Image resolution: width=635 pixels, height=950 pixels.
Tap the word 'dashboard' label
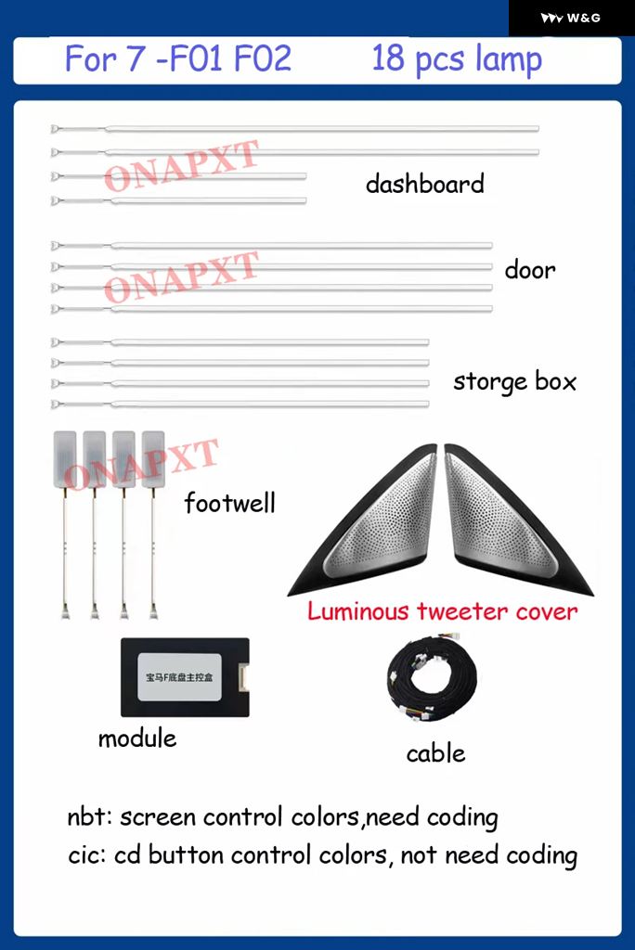(x=424, y=184)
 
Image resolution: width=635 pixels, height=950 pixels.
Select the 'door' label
(x=530, y=270)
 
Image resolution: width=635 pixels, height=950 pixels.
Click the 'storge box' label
(x=514, y=381)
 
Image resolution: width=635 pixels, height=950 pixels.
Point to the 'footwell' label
(x=229, y=503)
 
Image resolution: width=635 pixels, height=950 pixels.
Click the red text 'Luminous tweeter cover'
(x=442, y=611)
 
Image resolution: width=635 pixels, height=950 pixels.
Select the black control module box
(x=185, y=677)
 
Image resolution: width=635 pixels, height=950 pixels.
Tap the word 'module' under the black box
(x=137, y=738)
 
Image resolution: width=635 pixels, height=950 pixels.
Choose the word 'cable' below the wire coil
(x=435, y=753)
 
